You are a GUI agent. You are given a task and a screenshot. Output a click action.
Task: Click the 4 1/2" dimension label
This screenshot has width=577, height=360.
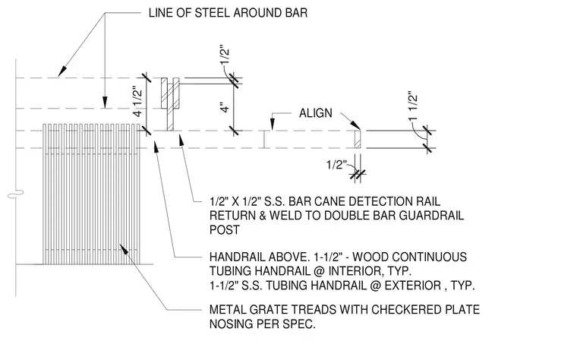pyautogui.click(x=137, y=102)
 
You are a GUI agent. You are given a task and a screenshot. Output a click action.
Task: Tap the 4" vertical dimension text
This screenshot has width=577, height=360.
pyautogui.click(x=225, y=107)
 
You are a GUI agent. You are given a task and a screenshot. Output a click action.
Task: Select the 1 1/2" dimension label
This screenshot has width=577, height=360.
pyautogui.click(x=413, y=106)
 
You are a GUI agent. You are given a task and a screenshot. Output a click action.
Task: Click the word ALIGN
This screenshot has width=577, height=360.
pyautogui.click(x=315, y=113)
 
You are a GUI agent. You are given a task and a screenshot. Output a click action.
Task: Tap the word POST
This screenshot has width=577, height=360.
pyautogui.click(x=225, y=229)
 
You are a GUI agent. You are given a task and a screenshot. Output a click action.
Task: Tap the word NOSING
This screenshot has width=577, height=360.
pyautogui.click(x=232, y=324)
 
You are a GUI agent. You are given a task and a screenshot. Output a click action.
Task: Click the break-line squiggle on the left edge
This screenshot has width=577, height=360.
pyautogui.click(x=15, y=193)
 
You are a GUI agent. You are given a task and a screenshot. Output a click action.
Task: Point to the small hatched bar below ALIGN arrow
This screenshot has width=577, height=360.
pyautogui.click(x=358, y=139)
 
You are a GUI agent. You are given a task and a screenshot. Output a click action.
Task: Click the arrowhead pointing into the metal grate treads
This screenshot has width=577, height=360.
pyautogui.click(x=124, y=249)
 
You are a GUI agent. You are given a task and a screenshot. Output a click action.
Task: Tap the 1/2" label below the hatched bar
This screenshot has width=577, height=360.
pyautogui.click(x=336, y=164)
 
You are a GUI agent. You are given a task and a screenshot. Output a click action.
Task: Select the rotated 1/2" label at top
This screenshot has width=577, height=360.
pyautogui.click(x=225, y=55)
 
